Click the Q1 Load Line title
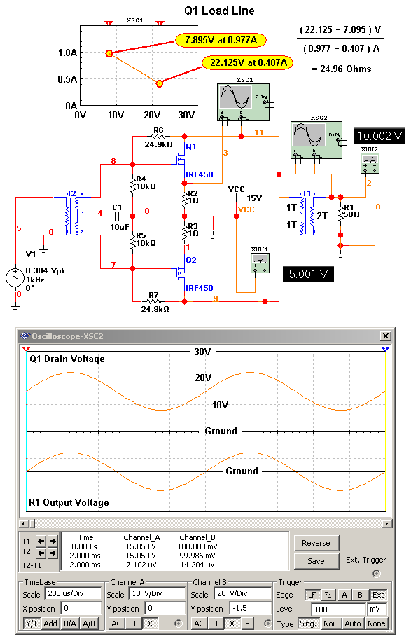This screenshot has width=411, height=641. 219,11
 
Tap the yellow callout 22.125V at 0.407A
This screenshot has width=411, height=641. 247,63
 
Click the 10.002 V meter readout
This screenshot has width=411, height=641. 379,136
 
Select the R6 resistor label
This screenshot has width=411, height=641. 158,131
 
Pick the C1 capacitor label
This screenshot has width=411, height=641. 117,207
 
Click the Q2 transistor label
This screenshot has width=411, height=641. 191,260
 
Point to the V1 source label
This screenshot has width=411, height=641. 31,254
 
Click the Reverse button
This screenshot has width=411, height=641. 316,543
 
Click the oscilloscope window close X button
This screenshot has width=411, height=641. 385,336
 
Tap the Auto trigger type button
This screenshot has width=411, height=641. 354,623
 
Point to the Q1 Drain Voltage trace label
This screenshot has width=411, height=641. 67,359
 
